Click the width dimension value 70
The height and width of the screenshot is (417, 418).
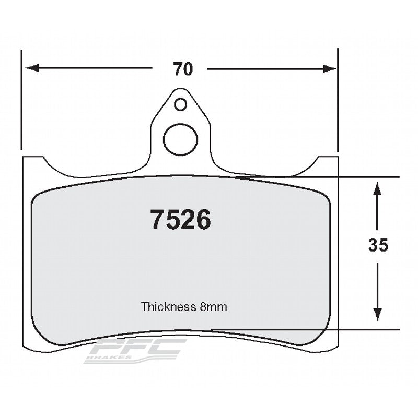pyautogui.click(x=183, y=69)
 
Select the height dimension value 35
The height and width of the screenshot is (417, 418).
pyautogui.click(x=378, y=245)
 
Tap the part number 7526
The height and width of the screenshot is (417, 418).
pyautogui.click(x=181, y=220)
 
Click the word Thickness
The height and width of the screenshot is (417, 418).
pyautogui.click(x=169, y=307)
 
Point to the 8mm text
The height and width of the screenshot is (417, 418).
pyautogui.click(x=213, y=307)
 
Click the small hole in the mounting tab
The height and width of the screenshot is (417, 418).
pyautogui.click(x=180, y=104)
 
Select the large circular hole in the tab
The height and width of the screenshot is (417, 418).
pyautogui.click(x=180, y=138)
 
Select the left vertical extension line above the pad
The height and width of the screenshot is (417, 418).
pyautogui.click(x=21, y=99)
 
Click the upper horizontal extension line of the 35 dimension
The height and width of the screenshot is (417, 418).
pyautogui.click(x=366, y=177)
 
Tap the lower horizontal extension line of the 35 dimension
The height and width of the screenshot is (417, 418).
pyautogui.click(x=366, y=329)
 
